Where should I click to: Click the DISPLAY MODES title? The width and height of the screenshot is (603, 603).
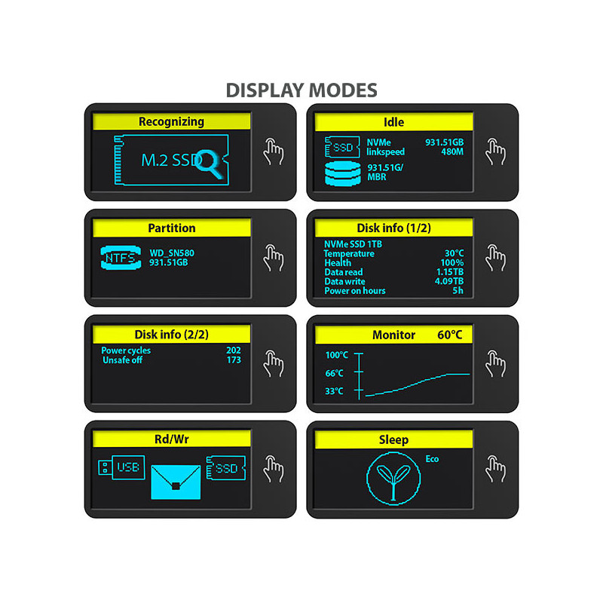click(x=301, y=90)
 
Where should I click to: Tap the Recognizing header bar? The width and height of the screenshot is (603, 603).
click(x=172, y=121)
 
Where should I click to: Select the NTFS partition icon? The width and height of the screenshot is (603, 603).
click(x=121, y=257)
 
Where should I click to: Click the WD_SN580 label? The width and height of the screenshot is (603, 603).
click(x=172, y=253)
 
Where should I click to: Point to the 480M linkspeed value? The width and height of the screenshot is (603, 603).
click(x=452, y=152)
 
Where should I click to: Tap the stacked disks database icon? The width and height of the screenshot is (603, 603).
click(x=343, y=174)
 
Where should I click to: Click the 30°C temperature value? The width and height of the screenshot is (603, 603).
click(x=455, y=253)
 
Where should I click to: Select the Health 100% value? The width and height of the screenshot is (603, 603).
click(x=451, y=262)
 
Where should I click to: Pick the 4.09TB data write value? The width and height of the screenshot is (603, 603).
click(x=449, y=281)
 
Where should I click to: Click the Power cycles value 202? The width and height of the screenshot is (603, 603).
click(x=234, y=350)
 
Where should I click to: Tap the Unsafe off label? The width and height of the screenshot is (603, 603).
click(x=122, y=360)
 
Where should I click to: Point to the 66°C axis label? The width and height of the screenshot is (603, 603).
click(x=334, y=373)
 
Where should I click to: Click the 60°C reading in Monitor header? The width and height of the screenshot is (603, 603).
click(x=449, y=335)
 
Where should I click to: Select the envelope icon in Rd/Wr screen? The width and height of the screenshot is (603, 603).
click(x=176, y=482)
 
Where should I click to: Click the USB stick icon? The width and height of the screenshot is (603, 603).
click(x=121, y=467)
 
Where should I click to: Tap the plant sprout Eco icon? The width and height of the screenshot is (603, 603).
click(x=393, y=479)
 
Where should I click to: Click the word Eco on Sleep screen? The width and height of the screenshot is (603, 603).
click(x=432, y=459)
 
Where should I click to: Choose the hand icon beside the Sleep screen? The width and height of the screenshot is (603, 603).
click(x=495, y=469)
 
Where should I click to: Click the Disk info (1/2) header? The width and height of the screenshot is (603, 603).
click(x=393, y=228)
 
